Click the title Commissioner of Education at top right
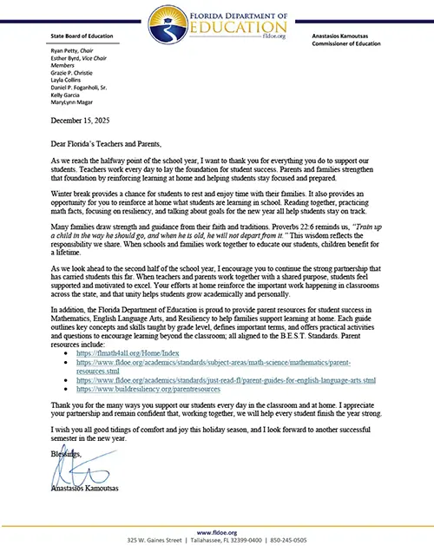pyautogui.click(x=346, y=43)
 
